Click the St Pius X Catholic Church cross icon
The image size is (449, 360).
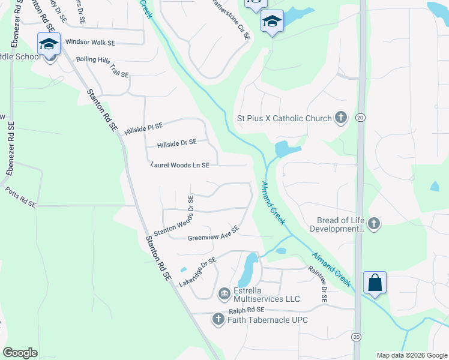[341, 118]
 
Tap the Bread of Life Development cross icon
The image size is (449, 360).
[373, 224]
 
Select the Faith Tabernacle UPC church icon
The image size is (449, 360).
[218, 320]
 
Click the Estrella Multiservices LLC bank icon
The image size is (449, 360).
[224, 293]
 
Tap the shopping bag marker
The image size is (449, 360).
[375, 283]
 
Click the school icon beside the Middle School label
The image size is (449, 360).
[49, 44]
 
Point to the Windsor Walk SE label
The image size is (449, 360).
[90, 43]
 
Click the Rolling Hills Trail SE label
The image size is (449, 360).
[103, 67]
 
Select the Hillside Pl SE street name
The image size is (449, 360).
[143, 127]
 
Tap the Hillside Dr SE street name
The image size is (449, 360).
[176, 143]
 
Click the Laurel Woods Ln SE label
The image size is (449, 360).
[179, 165]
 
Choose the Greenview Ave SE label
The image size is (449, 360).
[214, 233]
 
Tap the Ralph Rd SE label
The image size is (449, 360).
[247, 310]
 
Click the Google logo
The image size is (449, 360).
[20, 353]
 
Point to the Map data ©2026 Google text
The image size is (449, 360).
[412, 355]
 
